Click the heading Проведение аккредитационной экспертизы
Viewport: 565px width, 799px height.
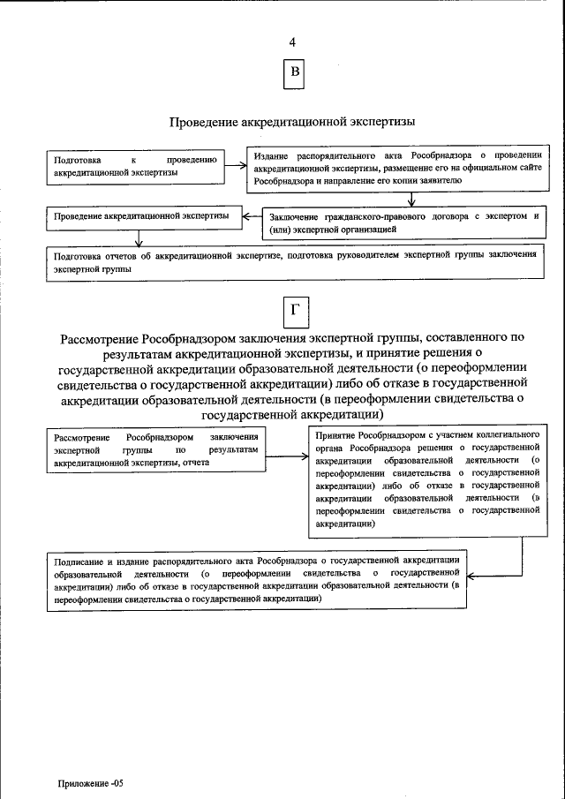(292, 121)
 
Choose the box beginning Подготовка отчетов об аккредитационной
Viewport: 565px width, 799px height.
(295, 262)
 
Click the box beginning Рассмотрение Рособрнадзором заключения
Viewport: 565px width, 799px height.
(156, 449)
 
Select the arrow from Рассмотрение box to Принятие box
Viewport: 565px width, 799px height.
(288, 456)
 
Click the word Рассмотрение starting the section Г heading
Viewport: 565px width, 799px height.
(102, 337)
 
